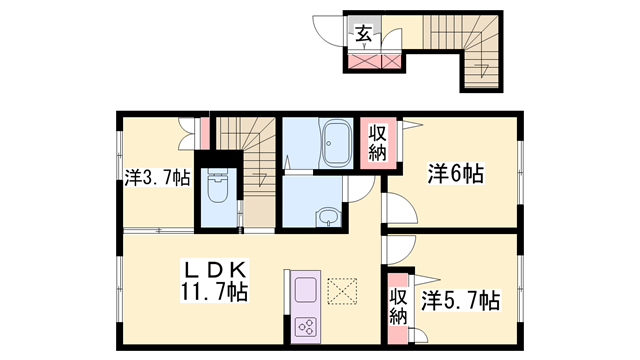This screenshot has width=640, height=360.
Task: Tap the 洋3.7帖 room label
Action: (158, 178)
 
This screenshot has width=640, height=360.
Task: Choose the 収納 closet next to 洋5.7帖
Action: (398, 305)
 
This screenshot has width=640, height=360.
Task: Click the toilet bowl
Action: (215, 187)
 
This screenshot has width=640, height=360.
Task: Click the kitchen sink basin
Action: (304, 290)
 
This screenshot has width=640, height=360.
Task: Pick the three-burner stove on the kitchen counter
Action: (304, 327)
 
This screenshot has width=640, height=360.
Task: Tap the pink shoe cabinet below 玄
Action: (376, 61)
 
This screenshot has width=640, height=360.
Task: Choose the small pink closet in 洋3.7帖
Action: (203, 133)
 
